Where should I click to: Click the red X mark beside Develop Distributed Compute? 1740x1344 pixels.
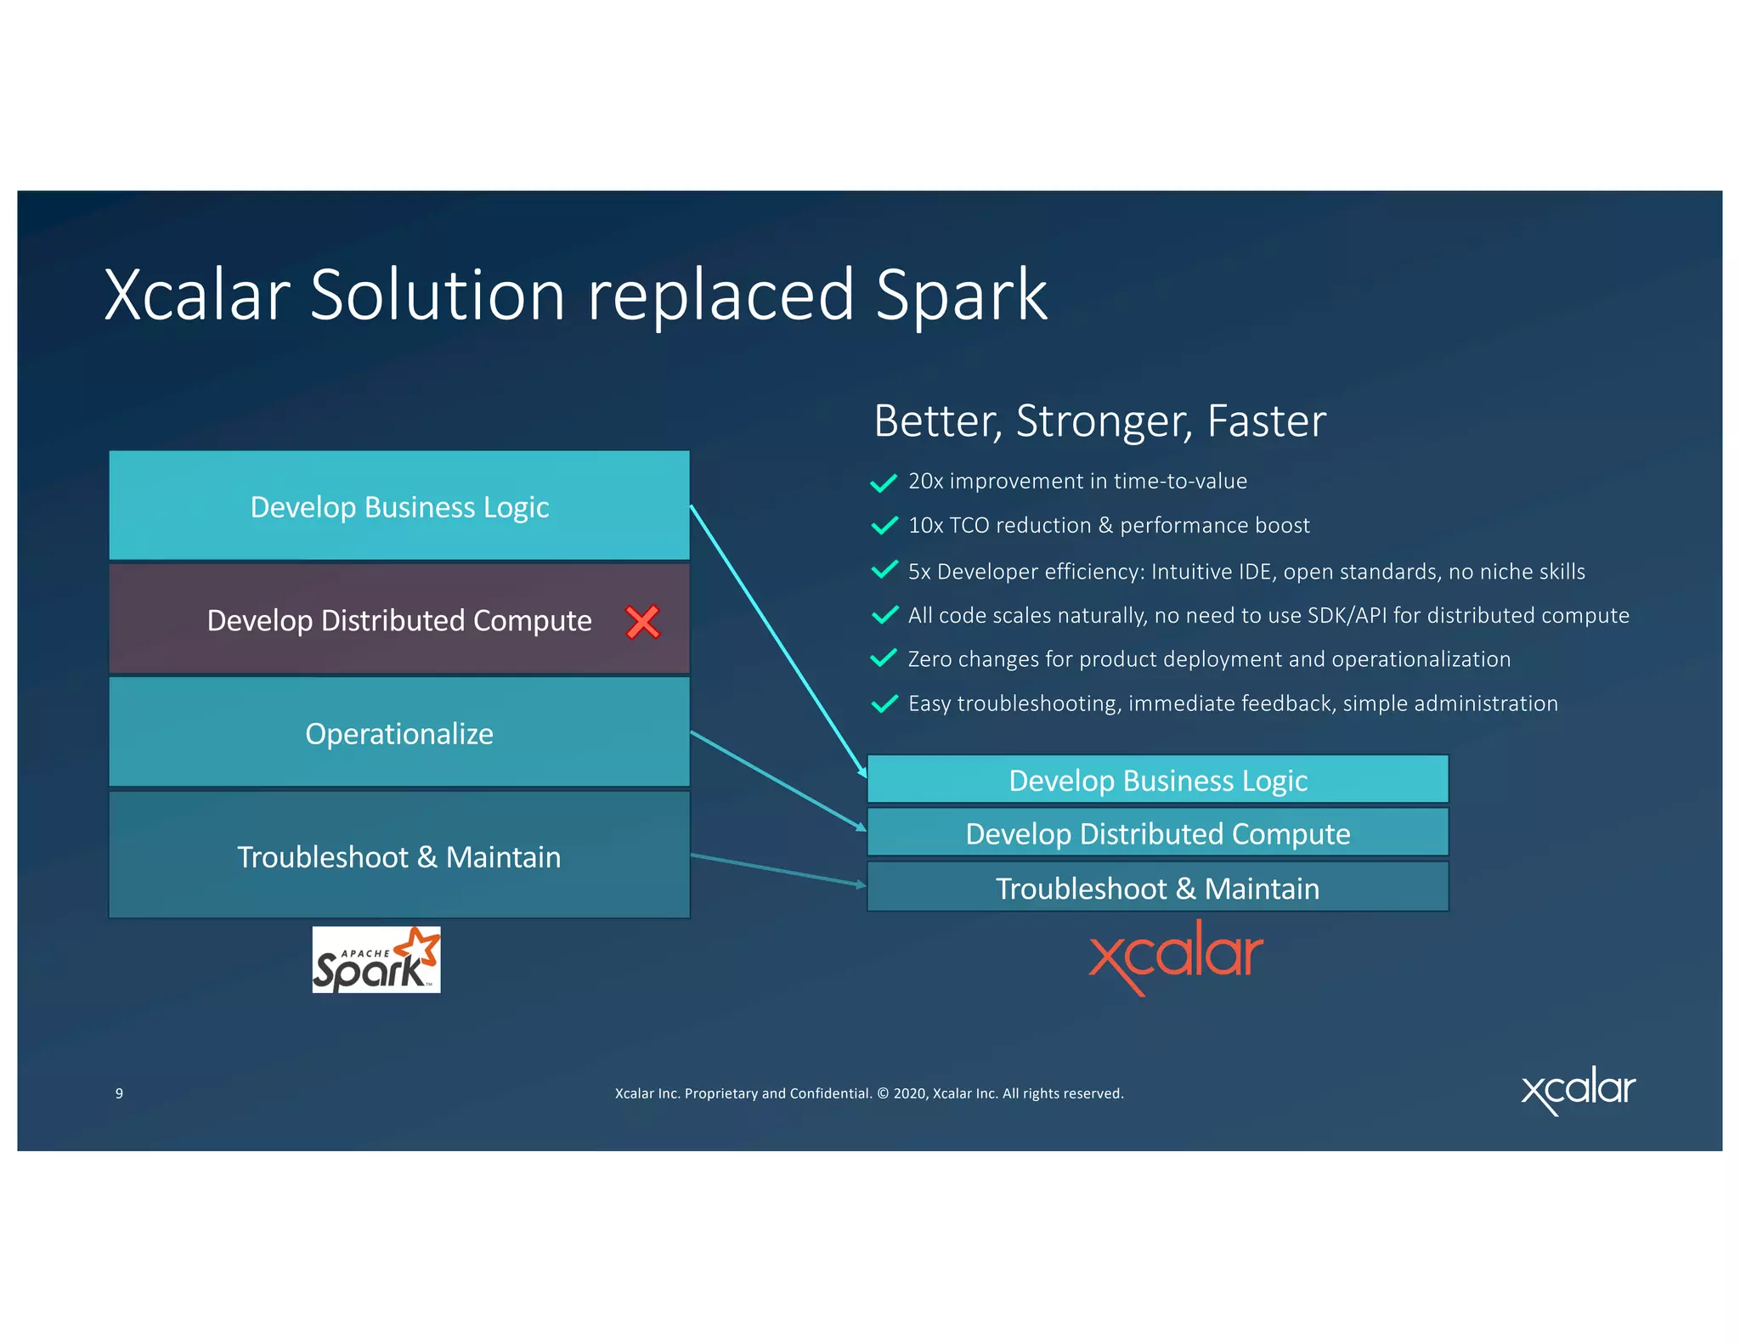(x=642, y=622)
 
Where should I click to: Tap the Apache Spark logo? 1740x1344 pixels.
(x=376, y=960)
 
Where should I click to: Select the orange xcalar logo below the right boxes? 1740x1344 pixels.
(x=1176, y=957)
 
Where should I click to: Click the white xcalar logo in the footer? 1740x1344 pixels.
(x=1578, y=1091)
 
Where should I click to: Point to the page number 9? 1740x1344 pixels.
(x=119, y=1093)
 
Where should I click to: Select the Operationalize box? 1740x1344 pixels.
(x=399, y=732)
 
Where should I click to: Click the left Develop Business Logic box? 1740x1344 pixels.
(x=399, y=506)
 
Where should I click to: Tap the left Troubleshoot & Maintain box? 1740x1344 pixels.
(x=399, y=856)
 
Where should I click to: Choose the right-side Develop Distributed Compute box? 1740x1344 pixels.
(x=1157, y=833)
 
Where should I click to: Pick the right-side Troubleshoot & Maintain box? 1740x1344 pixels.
(x=1157, y=888)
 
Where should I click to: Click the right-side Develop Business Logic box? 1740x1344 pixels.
(x=1157, y=780)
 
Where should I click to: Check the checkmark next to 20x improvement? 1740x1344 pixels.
(x=884, y=483)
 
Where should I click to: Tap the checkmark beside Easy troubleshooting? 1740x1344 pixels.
(x=884, y=703)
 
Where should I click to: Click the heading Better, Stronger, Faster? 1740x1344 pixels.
(x=1099, y=421)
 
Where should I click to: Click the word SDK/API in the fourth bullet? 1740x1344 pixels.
(x=1347, y=615)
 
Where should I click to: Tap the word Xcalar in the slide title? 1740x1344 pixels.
(x=197, y=295)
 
